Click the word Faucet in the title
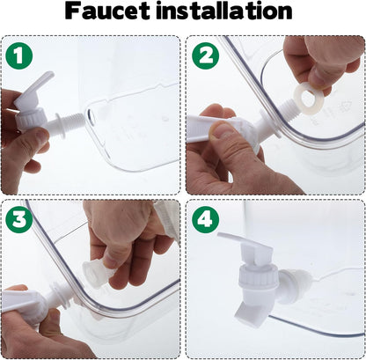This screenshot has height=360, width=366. pyautogui.click(x=107, y=11)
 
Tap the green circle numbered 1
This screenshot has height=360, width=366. pyautogui.click(x=18, y=55)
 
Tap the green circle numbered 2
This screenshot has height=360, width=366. pyautogui.click(x=206, y=55)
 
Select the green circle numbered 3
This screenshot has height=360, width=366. pyautogui.click(x=18, y=219)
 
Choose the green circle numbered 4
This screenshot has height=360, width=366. pyautogui.click(x=206, y=219)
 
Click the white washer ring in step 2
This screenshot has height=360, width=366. pyautogui.click(x=308, y=99)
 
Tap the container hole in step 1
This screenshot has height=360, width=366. pyautogui.click(x=91, y=116)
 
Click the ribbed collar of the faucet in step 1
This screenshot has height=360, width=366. pyautogui.click(x=31, y=120)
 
